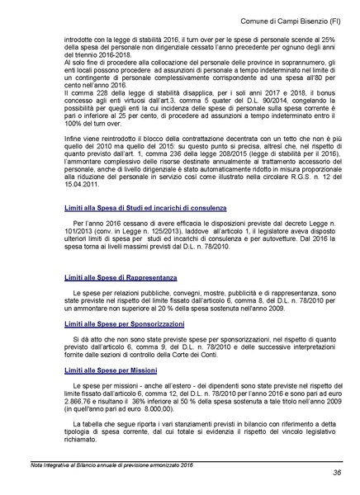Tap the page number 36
pos(338,473)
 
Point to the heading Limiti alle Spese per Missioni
pos(110,371)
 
